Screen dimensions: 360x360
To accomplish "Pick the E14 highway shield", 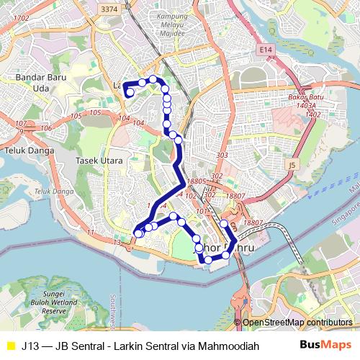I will point(268,48).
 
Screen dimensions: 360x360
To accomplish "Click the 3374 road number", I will point(109,9).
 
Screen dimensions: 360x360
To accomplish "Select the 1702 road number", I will point(21,17).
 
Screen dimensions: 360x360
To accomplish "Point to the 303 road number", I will point(222,156).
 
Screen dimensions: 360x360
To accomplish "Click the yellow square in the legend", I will point(10,346).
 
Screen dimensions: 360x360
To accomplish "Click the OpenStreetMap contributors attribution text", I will point(297,322).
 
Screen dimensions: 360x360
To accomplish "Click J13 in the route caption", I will point(31,346).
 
